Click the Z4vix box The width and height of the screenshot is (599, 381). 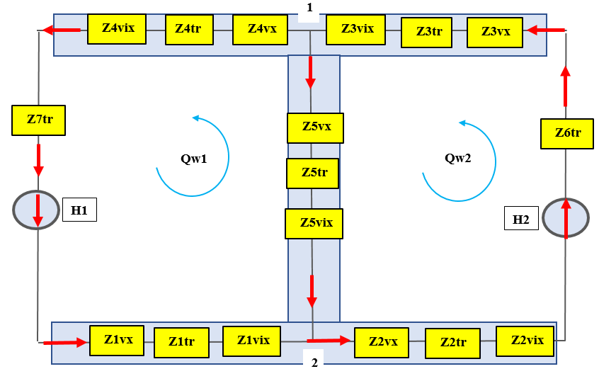(117, 29)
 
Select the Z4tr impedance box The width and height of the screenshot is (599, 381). (189, 30)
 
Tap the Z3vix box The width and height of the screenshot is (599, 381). (355, 30)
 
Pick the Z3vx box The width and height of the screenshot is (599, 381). (495, 33)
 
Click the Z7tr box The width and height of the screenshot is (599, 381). (38, 120)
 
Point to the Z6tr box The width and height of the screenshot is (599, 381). (567, 134)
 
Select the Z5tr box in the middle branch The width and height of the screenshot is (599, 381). (312, 174)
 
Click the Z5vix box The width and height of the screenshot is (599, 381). (314, 224)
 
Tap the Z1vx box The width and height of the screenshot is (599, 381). (117, 341)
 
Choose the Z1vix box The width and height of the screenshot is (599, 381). (252, 341)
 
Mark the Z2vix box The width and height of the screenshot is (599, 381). (525, 341)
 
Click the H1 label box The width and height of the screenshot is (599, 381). (79, 210)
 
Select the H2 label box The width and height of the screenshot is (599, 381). (521, 218)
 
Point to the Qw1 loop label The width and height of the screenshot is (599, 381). (194, 159)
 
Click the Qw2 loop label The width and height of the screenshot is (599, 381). (457, 158)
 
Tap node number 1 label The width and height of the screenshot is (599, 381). (309, 7)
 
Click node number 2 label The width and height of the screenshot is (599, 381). (314, 363)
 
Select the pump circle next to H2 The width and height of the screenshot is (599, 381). (566, 218)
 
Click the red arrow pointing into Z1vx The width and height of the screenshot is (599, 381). (66, 342)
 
